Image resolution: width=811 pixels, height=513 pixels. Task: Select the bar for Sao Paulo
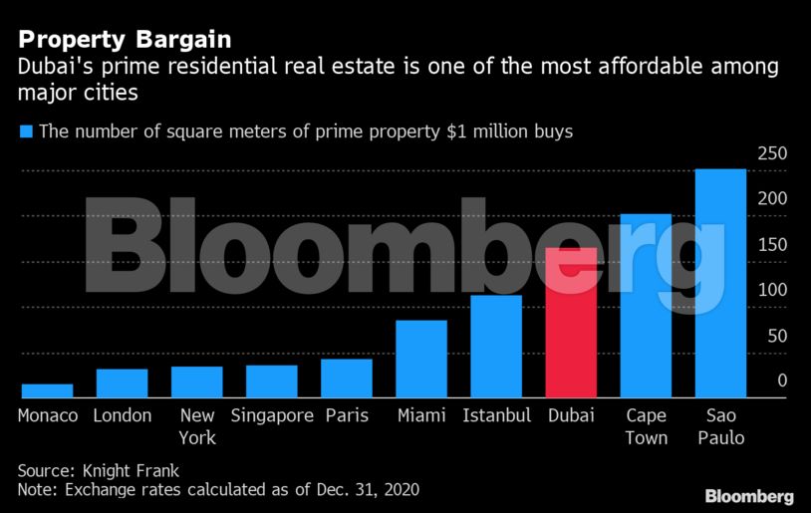(720, 283)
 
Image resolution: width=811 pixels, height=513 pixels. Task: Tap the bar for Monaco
(48, 390)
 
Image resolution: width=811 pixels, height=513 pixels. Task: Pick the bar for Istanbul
(496, 346)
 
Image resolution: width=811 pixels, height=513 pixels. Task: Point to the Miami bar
(421, 359)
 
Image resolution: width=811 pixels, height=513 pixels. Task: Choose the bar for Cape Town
(646, 306)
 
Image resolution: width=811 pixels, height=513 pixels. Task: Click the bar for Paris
(347, 378)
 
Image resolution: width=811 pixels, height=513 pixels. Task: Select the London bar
(123, 383)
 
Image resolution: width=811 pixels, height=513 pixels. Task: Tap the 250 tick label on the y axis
(773, 154)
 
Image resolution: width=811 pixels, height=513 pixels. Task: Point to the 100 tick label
(773, 290)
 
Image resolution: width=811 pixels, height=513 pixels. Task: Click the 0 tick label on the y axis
(782, 381)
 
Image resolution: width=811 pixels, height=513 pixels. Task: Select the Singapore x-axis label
(272, 415)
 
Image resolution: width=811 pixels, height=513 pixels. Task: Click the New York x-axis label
(197, 426)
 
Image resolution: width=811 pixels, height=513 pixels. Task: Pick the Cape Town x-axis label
(646, 426)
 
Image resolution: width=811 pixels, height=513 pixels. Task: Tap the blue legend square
(27, 131)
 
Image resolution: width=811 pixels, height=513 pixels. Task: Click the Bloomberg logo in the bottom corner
(749, 496)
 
